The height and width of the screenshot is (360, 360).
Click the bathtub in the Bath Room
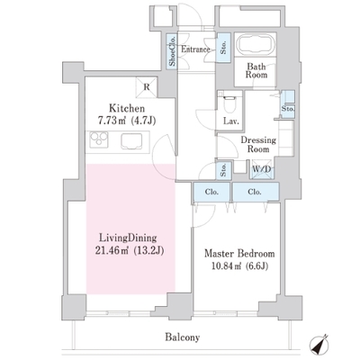click(256, 44)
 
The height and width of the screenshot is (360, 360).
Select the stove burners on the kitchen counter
click(99, 139)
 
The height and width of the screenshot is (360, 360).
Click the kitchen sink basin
click(131, 141)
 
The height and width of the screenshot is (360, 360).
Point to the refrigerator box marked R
click(147, 87)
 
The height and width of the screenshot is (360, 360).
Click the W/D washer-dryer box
click(261, 169)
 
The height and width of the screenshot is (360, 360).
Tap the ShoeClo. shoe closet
click(172, 51)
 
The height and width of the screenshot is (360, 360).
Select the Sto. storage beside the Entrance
click(223, 48)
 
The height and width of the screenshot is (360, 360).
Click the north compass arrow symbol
click(319, 344)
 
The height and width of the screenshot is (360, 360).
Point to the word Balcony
click(183, 337)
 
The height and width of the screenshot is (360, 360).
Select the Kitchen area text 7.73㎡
click(112, 121)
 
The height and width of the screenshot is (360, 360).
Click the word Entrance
click(195, 49)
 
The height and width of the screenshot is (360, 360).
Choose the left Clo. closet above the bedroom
click(211, 192)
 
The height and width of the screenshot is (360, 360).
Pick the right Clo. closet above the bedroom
click(256, 192)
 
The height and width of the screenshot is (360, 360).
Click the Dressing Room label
click(258, 144)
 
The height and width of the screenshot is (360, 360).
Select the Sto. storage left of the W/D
click(223, 171)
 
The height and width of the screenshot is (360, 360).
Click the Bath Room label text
click(256, 70)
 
